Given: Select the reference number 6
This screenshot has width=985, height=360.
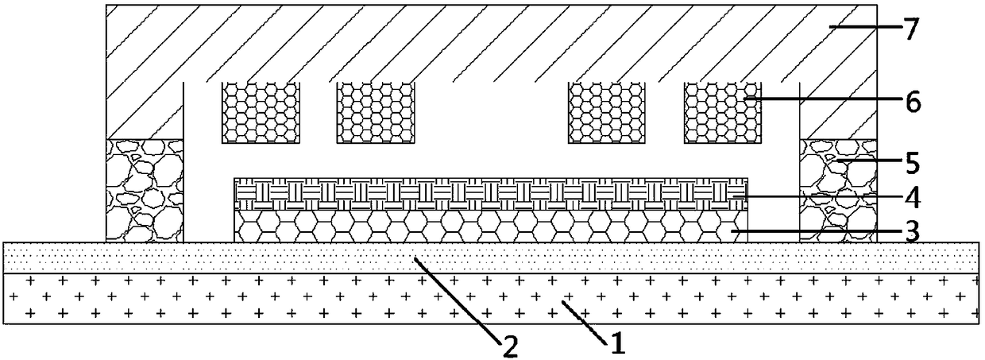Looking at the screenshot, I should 911,102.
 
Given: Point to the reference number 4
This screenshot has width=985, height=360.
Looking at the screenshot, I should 911,195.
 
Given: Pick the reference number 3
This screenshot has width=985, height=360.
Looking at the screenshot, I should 911,232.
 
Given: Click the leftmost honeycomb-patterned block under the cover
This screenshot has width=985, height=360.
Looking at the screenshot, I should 261,113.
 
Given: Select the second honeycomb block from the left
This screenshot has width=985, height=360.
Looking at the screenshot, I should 377,113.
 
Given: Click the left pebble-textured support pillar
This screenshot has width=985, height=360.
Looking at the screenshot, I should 145,190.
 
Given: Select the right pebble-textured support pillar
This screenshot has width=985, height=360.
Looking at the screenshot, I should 838,190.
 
